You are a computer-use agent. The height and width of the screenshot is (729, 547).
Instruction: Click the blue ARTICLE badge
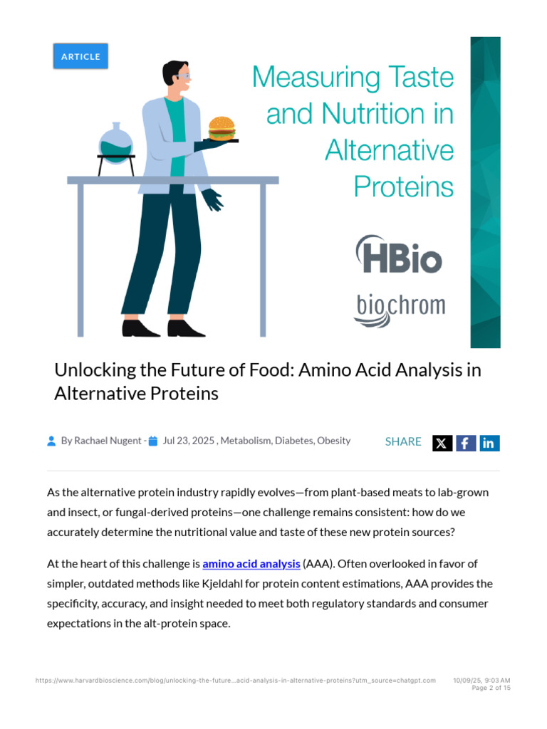[x=80, y=56]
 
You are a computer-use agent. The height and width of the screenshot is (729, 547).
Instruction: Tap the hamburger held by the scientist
[x=222, y=129]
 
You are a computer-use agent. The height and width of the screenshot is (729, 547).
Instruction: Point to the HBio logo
[x=399, y=255]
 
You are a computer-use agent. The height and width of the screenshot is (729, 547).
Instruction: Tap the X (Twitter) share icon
[x=442, y=443]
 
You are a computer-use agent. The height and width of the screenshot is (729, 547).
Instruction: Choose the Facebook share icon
[x=466, y=443]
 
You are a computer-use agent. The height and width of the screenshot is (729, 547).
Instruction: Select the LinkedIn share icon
[x=489, y=443]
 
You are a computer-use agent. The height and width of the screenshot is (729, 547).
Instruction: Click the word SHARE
[x=403, y=442]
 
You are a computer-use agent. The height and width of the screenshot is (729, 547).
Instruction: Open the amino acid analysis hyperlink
[x=251, y=564]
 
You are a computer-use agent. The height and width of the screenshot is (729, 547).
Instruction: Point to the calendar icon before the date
[x=153, y=441]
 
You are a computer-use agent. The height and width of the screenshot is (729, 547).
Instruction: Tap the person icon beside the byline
[x=51, y=441]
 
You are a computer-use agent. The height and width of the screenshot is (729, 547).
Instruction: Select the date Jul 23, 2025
[x=189, y=441]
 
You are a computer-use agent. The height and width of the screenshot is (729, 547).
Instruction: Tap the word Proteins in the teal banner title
[x=403, y=187]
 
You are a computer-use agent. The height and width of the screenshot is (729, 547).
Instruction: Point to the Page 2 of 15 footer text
[x=491, y=688]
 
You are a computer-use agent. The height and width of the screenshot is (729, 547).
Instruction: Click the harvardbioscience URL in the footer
[x=235, y=681]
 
